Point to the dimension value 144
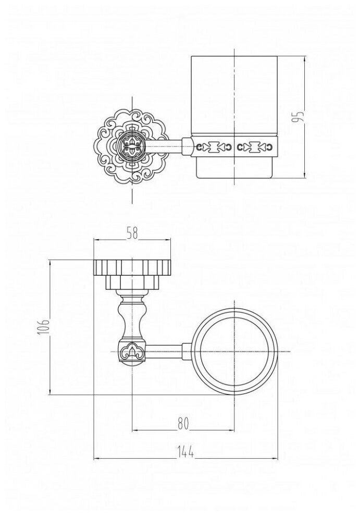coord(185,453)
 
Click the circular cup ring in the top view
coord(238,352)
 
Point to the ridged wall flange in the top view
coord(132,267)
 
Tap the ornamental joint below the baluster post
coord(132,351)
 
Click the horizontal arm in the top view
coord(166,352)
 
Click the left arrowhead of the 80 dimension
coord(135,431)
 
